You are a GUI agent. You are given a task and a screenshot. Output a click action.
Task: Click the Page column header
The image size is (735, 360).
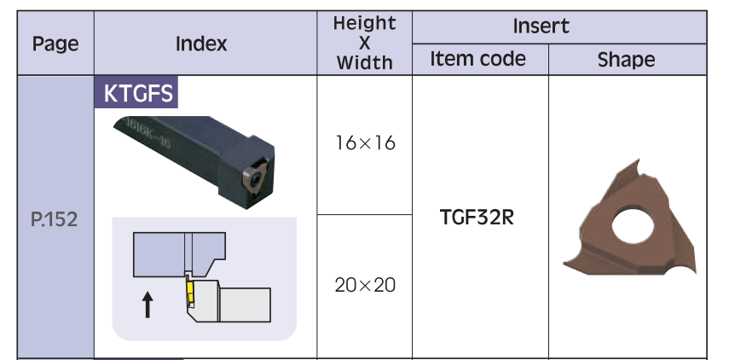(x=55, y=44)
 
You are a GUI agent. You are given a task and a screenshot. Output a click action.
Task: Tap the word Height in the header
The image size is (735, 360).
(x=364, y=23)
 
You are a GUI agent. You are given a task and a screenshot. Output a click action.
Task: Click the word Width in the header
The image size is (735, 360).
(x=364, y=62)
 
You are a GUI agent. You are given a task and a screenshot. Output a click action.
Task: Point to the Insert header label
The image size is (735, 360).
(x=541, y=26)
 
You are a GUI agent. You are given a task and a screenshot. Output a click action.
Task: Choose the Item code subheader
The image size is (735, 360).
(x=477, y=59)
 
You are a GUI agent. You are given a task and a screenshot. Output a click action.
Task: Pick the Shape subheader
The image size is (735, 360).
(x=626, y=60)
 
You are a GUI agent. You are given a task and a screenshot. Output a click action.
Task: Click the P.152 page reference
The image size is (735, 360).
(x=55, y=219)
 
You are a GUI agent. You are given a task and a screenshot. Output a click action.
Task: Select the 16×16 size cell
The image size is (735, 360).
(x=365, y=143)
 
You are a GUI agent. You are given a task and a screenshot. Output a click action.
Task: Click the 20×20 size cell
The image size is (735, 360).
(x=365, y=285)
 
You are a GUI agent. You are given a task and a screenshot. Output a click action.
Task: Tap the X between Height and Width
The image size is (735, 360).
(x=364, y=43)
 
